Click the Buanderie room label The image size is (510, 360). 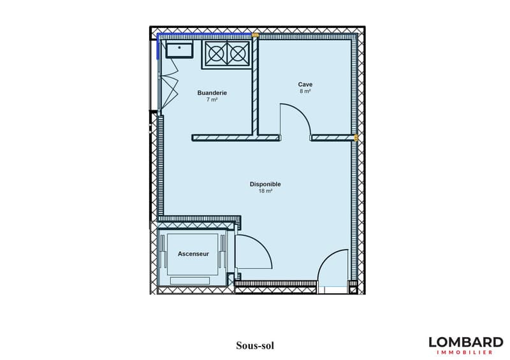pos(212,92)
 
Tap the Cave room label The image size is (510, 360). pos(305,84)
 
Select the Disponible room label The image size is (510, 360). pos(265,184)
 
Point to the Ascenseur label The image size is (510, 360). pos(193,254)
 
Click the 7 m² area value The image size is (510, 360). pos(212,99)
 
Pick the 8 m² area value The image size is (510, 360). pos(305,91)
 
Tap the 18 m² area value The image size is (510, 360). pos(265,191)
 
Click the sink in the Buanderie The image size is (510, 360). pos(179,49)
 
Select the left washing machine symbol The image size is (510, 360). pos(215,54)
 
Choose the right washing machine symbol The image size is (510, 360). pos(238,54)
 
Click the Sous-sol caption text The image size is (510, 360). pos(255,345)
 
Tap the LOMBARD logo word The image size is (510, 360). pos(466,342)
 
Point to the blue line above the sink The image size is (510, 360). pos(205,34)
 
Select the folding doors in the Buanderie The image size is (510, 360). pos(168,84)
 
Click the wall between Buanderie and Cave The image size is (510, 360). pos(255,86)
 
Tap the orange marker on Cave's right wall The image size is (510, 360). pos(356,138)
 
